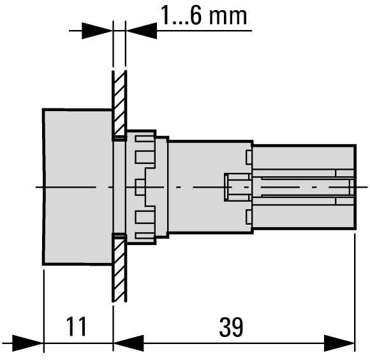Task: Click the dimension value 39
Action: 231,327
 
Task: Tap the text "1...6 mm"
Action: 204,15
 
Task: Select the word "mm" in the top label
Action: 228,17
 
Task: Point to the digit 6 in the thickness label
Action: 196,15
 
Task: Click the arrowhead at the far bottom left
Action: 27,343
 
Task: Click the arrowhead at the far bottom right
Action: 339,343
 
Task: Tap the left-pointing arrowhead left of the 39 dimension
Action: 129,343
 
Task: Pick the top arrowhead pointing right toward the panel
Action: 97,31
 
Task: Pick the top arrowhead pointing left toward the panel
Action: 142,31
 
